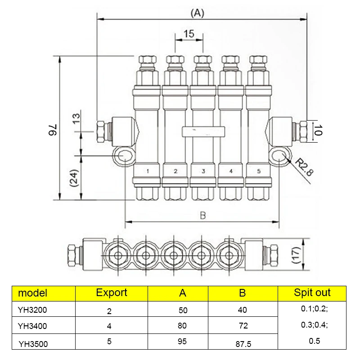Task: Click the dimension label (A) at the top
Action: click(197, 13)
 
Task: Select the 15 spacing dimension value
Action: click(189, 34)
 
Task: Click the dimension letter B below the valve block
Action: click(202, 216)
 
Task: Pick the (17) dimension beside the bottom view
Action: click(296, 255)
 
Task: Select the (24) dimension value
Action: click(75, 179)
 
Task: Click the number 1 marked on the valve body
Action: click(147, 171)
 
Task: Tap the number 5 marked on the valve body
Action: click(258, 171)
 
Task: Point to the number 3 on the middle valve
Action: click(203, 171)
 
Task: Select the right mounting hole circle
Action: click(279, 156)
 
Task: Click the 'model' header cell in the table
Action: click(32, 293)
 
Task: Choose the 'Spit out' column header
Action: click(312, 292)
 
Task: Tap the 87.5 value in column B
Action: click(243, 344)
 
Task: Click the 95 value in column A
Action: click(182, 342)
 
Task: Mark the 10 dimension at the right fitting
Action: click(318, 130)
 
